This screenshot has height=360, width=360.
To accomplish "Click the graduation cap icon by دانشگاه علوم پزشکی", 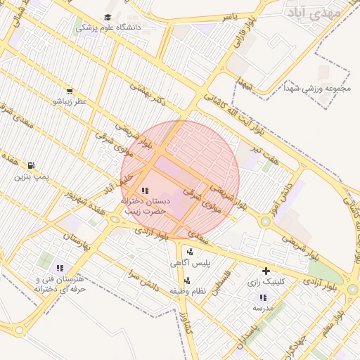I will [108, 17].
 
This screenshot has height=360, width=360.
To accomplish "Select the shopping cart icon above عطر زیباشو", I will [69, 91].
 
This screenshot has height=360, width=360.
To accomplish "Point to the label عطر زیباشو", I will [70, 102].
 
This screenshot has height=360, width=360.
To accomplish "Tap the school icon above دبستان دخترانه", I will [145, 190].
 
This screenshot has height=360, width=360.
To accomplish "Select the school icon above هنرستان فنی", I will [60, 268].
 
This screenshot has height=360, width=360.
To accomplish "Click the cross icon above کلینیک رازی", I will [266, 271].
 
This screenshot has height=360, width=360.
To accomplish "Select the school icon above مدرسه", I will [263, 297].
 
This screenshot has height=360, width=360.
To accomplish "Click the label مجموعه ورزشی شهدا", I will [317, 89].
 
